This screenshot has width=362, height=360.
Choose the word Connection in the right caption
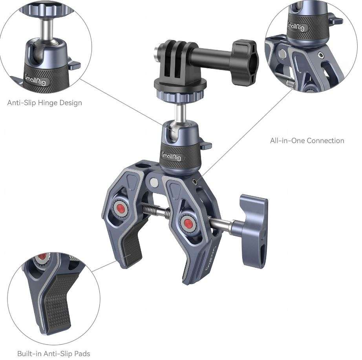coord(325,141)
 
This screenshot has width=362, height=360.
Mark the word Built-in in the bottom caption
coord(30,354)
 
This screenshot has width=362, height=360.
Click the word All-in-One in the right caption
coord(288,141)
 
